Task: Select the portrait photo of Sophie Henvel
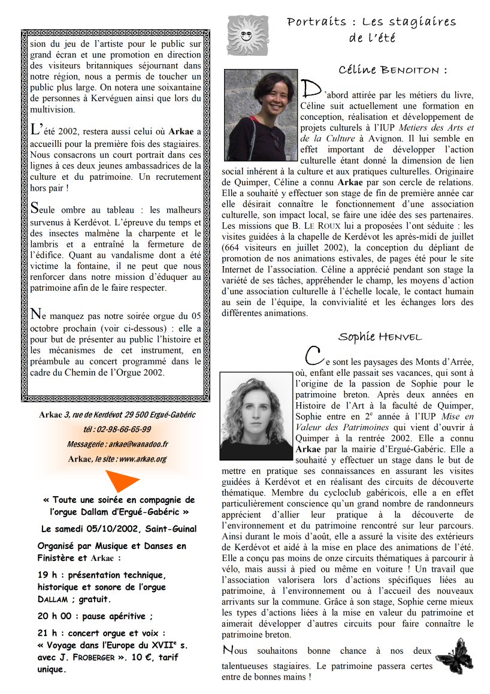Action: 256,415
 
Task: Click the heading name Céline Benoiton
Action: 392,70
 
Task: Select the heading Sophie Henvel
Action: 380,336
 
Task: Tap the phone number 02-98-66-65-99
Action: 125,430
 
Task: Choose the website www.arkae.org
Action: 143,459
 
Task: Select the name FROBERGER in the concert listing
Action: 87,657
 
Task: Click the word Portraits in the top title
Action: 316,22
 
